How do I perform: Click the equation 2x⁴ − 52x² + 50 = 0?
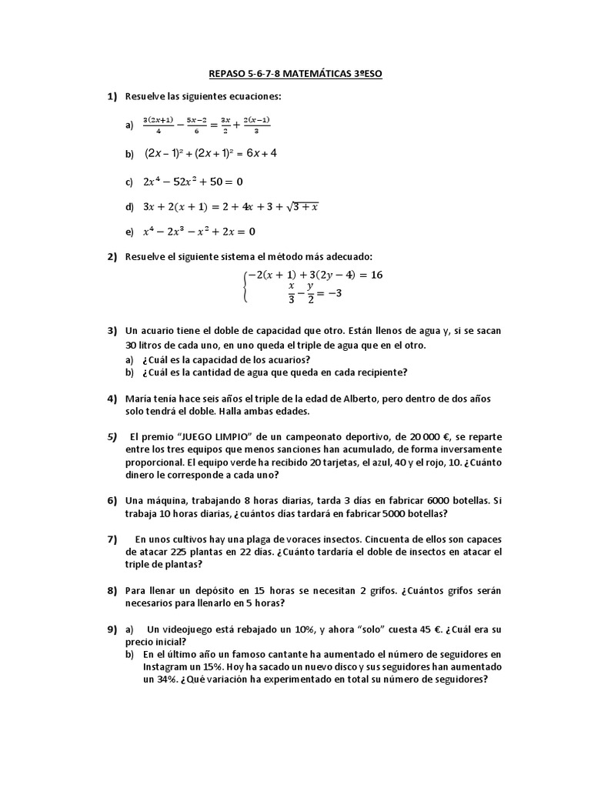pyautogui.click(x=193, y=182)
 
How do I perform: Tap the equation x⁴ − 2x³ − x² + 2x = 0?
pyautogui.click(x=199, y=231)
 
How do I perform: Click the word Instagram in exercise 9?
pyautogui.click(x=168, y=667)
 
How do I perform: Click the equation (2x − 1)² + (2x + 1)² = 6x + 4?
pyautogui.click(x=211, y=153)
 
